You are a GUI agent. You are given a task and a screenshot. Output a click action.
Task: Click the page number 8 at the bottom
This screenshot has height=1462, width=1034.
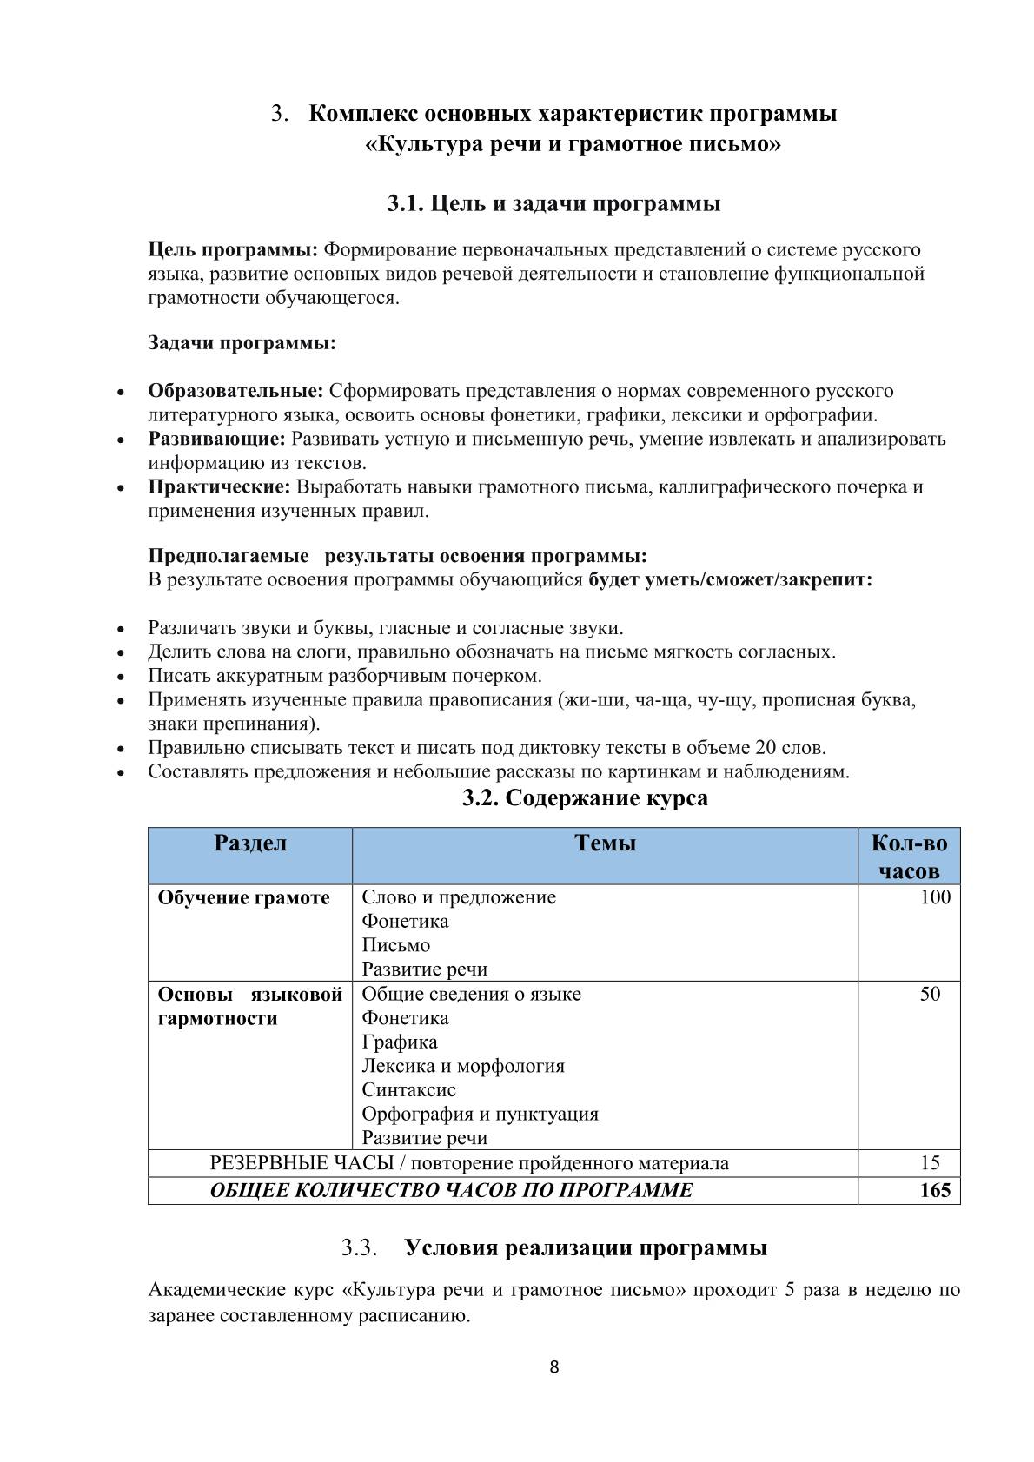[554, 1367]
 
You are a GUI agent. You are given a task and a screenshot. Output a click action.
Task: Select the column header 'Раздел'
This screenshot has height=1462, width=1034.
[250, 843]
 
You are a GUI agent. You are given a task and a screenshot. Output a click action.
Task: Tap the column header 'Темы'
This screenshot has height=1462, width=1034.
[605, 843]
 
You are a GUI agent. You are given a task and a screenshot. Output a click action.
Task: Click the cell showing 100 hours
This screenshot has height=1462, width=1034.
[935, 897]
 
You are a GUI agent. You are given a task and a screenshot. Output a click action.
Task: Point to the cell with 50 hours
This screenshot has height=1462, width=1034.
[930, 994]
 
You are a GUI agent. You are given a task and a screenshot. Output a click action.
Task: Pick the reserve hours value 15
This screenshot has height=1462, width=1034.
[930, 1163]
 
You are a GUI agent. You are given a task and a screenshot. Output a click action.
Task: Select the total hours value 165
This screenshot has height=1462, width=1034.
[935, 1190]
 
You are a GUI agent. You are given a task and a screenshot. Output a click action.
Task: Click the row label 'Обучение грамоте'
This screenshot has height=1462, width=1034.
[243, 897]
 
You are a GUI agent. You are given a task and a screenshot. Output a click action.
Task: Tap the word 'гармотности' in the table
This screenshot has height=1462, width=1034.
[217, 1018]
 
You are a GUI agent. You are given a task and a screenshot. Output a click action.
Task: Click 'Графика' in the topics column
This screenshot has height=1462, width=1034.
[400, 1042]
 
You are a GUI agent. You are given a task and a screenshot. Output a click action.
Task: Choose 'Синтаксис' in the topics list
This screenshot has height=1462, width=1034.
[408, 1089]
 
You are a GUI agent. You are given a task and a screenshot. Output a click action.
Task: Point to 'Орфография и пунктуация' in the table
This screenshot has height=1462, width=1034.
[480, 1114]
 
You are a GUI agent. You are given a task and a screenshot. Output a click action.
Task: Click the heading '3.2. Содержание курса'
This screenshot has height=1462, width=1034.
[585, 797]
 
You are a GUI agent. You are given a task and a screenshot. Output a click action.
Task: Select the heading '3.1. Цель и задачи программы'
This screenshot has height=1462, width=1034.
[553, 204]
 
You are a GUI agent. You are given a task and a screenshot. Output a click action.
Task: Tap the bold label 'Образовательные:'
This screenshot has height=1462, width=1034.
[235, 391]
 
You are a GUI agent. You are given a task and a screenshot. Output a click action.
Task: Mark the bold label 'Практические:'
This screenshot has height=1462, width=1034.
[219, 486]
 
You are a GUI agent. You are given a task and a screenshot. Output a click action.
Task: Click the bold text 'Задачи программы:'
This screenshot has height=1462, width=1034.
[242, 343]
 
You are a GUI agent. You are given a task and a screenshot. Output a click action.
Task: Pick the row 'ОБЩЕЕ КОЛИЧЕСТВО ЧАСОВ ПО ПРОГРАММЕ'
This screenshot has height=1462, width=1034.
[452, 1190]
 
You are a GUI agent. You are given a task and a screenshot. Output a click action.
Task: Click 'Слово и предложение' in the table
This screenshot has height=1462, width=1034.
[459, 897]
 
